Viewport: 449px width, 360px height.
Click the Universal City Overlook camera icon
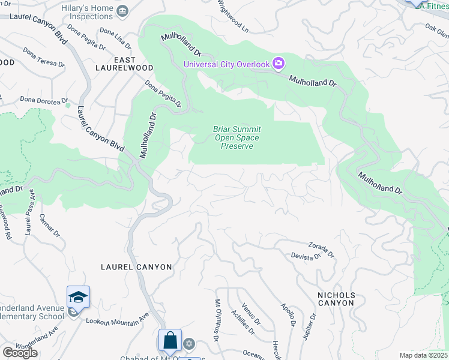tap(278, 64)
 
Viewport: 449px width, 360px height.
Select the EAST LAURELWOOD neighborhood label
tap(124, 64)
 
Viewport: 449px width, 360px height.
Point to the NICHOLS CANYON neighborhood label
tap(336, 299)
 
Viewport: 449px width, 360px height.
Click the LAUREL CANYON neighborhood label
tap(136, 267)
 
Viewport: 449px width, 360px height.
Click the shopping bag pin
tap(170, 340)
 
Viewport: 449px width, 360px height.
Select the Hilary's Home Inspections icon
tap(123, 10)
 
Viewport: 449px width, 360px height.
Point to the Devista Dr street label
tap(306, 257)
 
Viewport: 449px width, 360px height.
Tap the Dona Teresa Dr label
tap(43, 58)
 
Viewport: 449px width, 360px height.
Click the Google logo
tap(20, 352)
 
